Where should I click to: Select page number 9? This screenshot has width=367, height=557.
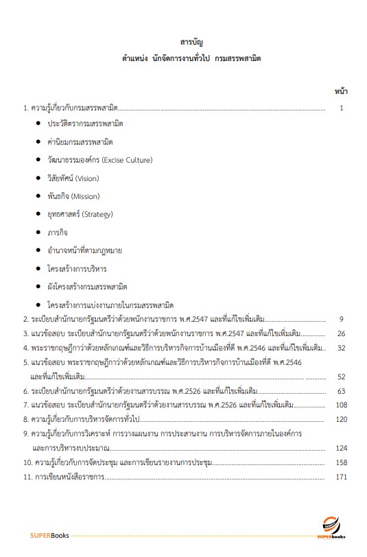(341, 319)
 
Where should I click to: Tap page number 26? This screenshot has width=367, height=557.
(341, 333)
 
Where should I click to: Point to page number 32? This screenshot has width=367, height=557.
(341, 348)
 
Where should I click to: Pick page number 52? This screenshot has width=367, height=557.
(341, 377)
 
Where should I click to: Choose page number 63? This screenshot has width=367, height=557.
(341, 391)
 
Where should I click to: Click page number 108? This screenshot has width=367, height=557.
(341, 405)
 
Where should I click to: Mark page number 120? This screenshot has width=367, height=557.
(341, 419)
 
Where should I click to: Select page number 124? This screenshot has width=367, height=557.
(341, 448)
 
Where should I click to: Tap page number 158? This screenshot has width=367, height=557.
(341, 463)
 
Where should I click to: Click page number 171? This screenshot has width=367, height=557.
(341, 477)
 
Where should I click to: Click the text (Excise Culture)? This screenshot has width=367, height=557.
(127, 160)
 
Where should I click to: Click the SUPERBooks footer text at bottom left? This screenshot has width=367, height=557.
(49, 535)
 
